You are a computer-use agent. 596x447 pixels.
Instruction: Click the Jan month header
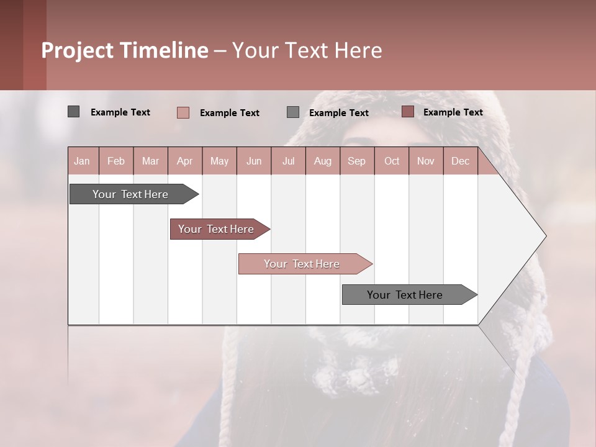82,161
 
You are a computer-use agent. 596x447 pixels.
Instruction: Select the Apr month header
184,161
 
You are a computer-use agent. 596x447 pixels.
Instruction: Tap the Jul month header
288,161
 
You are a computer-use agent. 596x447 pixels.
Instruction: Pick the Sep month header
356,161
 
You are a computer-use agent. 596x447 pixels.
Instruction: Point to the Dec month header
460,161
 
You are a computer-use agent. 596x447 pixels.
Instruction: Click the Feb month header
116,161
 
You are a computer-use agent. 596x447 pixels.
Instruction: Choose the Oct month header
392,161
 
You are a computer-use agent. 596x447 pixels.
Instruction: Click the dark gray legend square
73,112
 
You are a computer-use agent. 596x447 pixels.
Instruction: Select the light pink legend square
183,112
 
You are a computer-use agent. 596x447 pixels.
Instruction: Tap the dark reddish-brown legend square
407,112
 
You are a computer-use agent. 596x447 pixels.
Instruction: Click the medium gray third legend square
292,112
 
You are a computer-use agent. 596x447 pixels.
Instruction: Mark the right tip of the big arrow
545,236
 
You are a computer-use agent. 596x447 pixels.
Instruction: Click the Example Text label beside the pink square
229,113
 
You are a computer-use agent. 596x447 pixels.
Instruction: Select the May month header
219,161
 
